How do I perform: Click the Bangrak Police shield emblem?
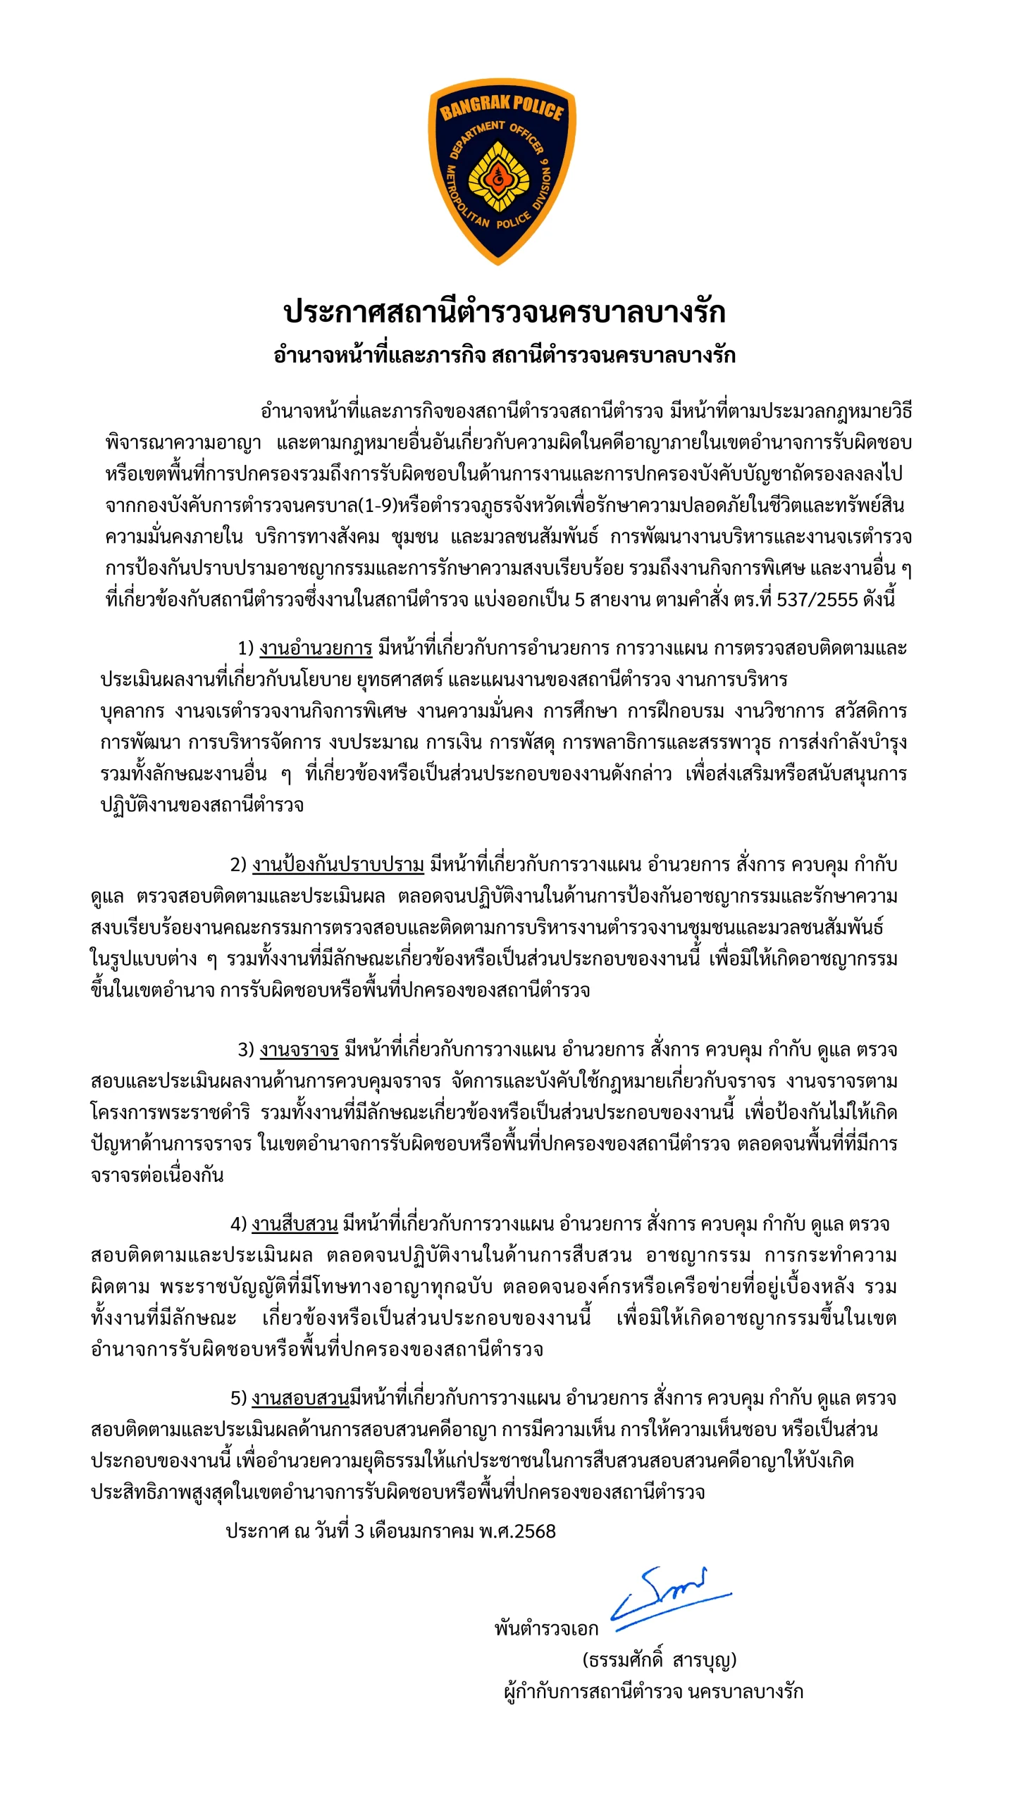(x=502, y=171)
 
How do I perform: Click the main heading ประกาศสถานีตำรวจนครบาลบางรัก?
(x=504, y=311)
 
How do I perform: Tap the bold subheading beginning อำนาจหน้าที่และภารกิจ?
(x=504, y=355)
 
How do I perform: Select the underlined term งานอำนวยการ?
(x=316, y=648)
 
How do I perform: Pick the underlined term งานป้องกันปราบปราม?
(x=338, y=864)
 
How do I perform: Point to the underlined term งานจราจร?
(x=299, y=1049)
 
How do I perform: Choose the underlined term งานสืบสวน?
(x=295, y=1224)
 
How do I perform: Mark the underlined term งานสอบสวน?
(x=300, y=1398)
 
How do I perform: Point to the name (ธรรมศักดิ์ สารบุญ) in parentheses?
(x=660, y=1660)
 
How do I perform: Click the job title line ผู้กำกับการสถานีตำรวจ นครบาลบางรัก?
(x=654, y=1692)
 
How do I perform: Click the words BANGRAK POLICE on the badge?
(x=502, y=107)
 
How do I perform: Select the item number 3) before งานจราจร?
(x=246, y=1049)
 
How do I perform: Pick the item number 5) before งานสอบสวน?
(x=239, y=1398)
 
